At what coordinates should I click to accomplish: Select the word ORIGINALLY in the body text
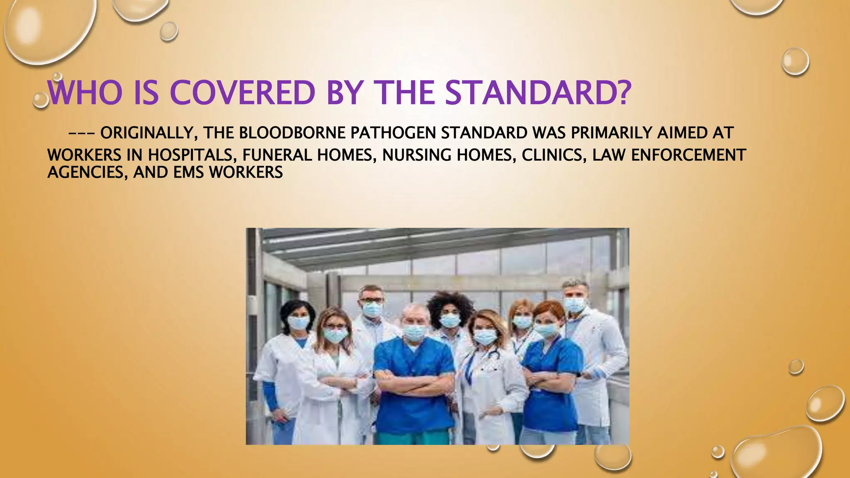[147, 133]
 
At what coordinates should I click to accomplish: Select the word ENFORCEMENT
[689, 155]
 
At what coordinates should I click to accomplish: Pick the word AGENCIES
[88, 172]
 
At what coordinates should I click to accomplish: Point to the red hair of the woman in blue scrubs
[549, 309]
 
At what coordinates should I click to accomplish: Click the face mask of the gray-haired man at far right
[574, 305]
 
